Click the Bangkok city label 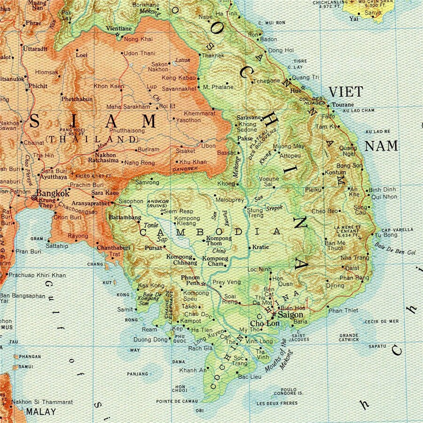point(53,193)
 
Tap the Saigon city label point(290,315)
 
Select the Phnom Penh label point(191,281)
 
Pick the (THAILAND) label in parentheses point(92,140)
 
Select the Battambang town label point(125,218)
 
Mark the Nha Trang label point(352,258)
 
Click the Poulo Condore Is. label point(289,392)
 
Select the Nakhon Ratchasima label point(105,158)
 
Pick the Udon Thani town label point(140,53)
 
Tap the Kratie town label point(260,247)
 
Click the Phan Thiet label point(343,310)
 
